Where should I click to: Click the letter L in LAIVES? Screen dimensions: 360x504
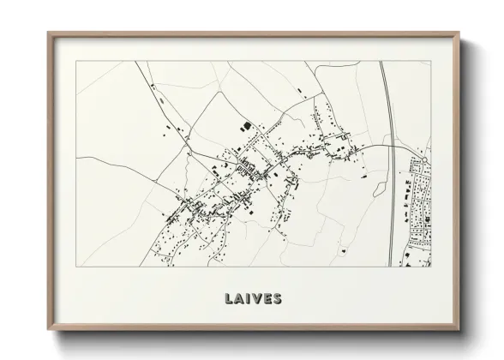[x=229, y=299]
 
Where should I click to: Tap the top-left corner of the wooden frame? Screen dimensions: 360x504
[x=48, y=33]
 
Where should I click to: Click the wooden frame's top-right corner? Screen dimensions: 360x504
[x=460, y=33]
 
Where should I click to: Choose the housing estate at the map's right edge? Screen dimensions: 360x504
[x=420, y=206]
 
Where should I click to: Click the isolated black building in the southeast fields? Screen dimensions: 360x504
[x=343, y=250]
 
